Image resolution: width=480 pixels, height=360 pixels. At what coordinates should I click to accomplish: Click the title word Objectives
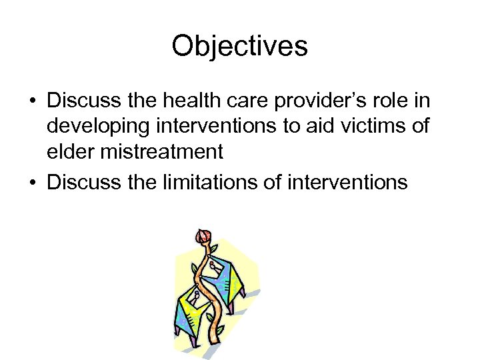(239, 47)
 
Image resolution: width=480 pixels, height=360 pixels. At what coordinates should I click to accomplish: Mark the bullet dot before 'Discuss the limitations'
(32, 182)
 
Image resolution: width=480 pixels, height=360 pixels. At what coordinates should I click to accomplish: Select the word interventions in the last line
(347, 181)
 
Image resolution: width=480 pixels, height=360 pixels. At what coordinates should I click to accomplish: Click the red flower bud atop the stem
(203, 236)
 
